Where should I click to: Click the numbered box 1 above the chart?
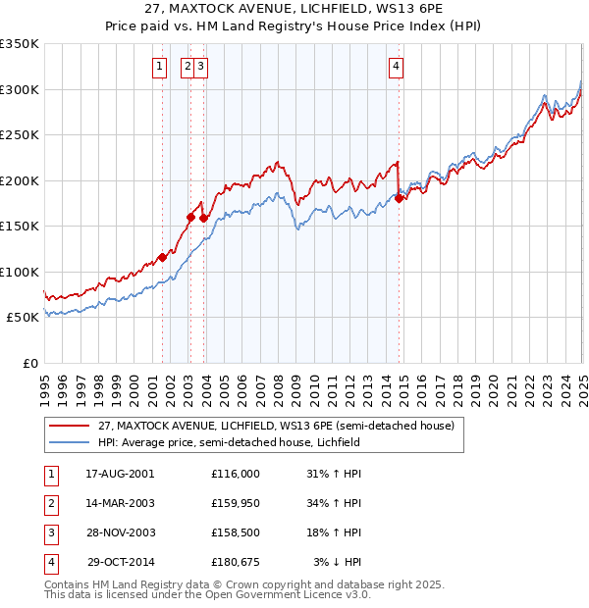pyautogui.click(x=159, y=67)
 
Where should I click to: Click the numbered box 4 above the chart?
pyautogui.click(x=396, y=67)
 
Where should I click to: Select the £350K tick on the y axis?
pyautogui.click(x=20, y=44)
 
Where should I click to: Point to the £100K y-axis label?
pyautogui.click(x=20, y=272)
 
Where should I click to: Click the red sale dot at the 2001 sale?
pyautogui.click(x=163, y=257)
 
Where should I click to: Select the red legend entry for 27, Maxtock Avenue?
pyautogui.click(x=276, y=426)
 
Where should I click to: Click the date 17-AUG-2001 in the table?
pyautogui.click(x=121, y=473)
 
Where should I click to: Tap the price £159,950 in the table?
pyautogui.click(x=236, y=503)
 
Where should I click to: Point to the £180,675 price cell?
pyautogui.click(x=236, y=562)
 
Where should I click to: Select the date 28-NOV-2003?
pyautogui.click(x=121, y=532)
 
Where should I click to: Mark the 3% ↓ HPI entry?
pyautogui.click(x=338, y=562)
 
